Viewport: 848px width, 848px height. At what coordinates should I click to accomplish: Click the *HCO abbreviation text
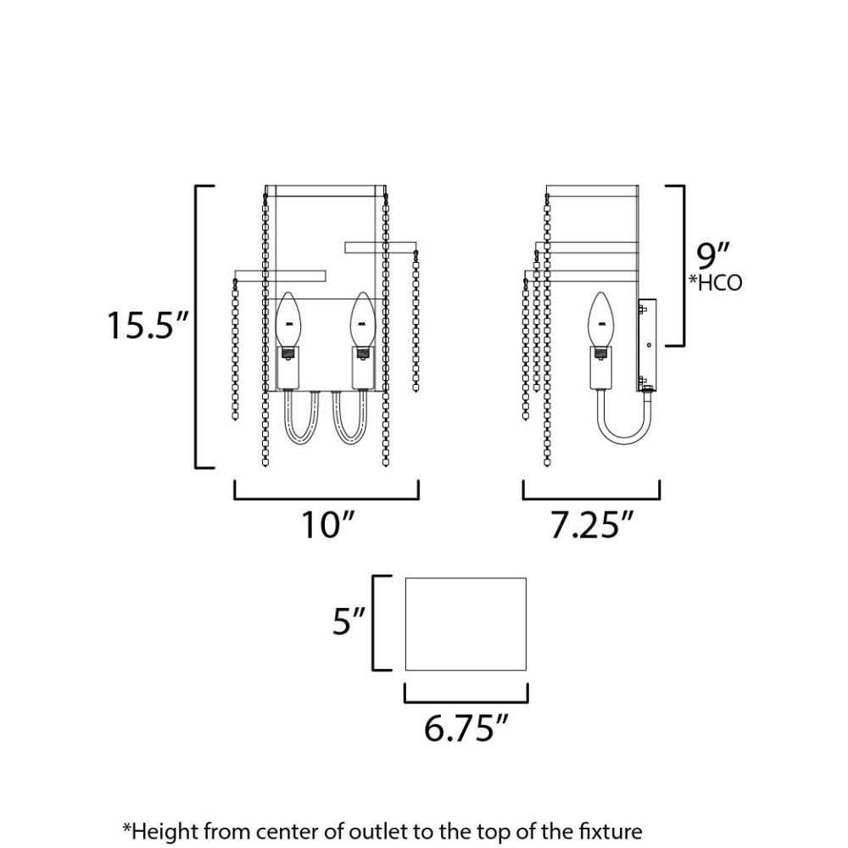coord(715,282)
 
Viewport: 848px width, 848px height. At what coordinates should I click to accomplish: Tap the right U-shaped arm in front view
coord(351,439)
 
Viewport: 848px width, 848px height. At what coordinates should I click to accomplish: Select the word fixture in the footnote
coord(611,830)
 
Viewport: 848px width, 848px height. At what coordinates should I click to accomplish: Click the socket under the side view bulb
coord(601,368)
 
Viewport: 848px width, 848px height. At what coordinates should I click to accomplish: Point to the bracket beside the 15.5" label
coord(196,326)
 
